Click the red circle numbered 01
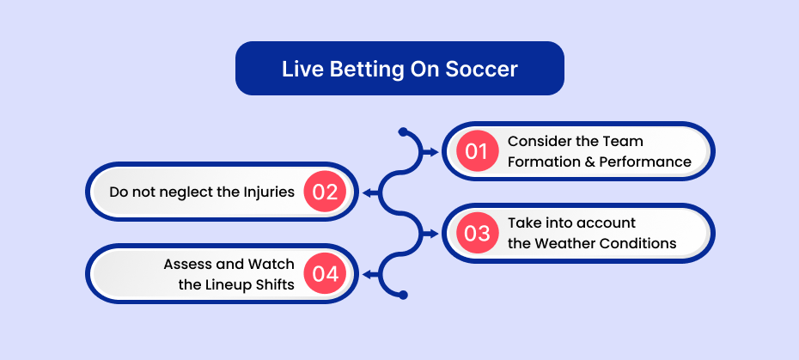point(477,151)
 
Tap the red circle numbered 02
point(325,192)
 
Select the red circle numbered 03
point(477,233)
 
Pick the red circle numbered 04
point(325,274)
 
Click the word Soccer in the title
point(481,69)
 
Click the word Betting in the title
point(363,70)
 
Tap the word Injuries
point(270,192)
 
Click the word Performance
point(645,162)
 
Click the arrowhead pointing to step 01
point(434,151)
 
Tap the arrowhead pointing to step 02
point(367,192)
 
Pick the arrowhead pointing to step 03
point(434,234)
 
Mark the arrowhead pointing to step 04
point(367,274)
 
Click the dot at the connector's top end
point(403,131)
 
